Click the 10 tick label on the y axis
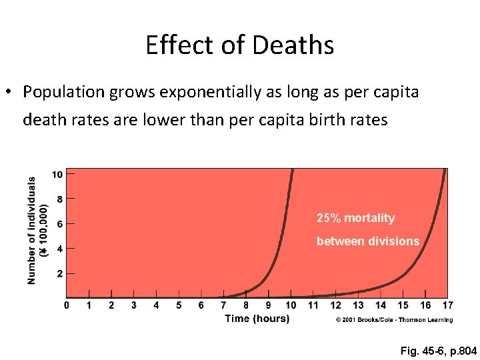[57, 175]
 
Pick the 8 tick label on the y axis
[59, 199]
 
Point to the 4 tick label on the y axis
[59, 249]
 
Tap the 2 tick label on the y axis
[59, 273]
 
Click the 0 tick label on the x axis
[66, 305]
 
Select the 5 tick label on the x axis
[179, 305]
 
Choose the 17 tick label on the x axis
[447, 305]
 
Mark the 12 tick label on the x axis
[335, 305]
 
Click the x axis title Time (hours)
[257, 319]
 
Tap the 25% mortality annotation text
[355, 218]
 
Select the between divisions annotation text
[367, 241]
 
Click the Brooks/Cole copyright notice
[393, 320]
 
